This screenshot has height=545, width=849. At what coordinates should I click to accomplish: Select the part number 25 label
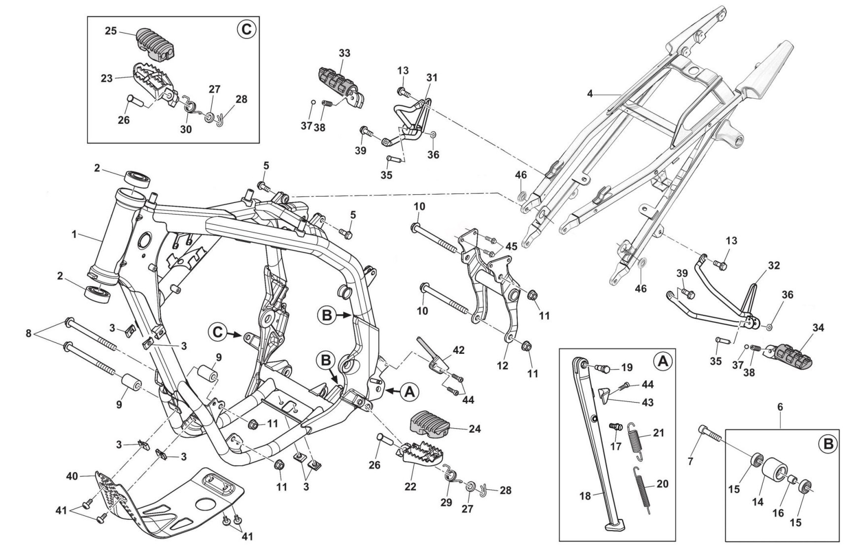110,31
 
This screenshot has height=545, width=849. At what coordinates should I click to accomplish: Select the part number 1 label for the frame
74,235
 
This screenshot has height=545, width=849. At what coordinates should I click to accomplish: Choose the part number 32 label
774,265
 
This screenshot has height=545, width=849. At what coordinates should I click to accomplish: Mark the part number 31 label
432,77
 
